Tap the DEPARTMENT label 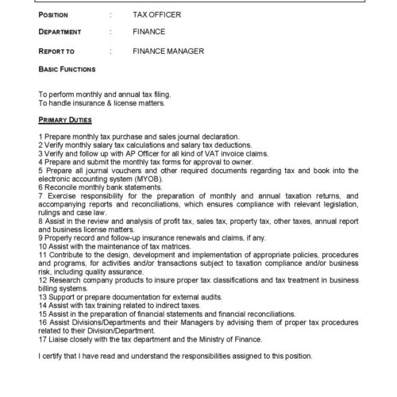pos(60,33)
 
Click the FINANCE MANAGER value pos(169,52)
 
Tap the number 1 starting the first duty pos(40,136)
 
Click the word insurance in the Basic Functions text pos(84,103)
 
